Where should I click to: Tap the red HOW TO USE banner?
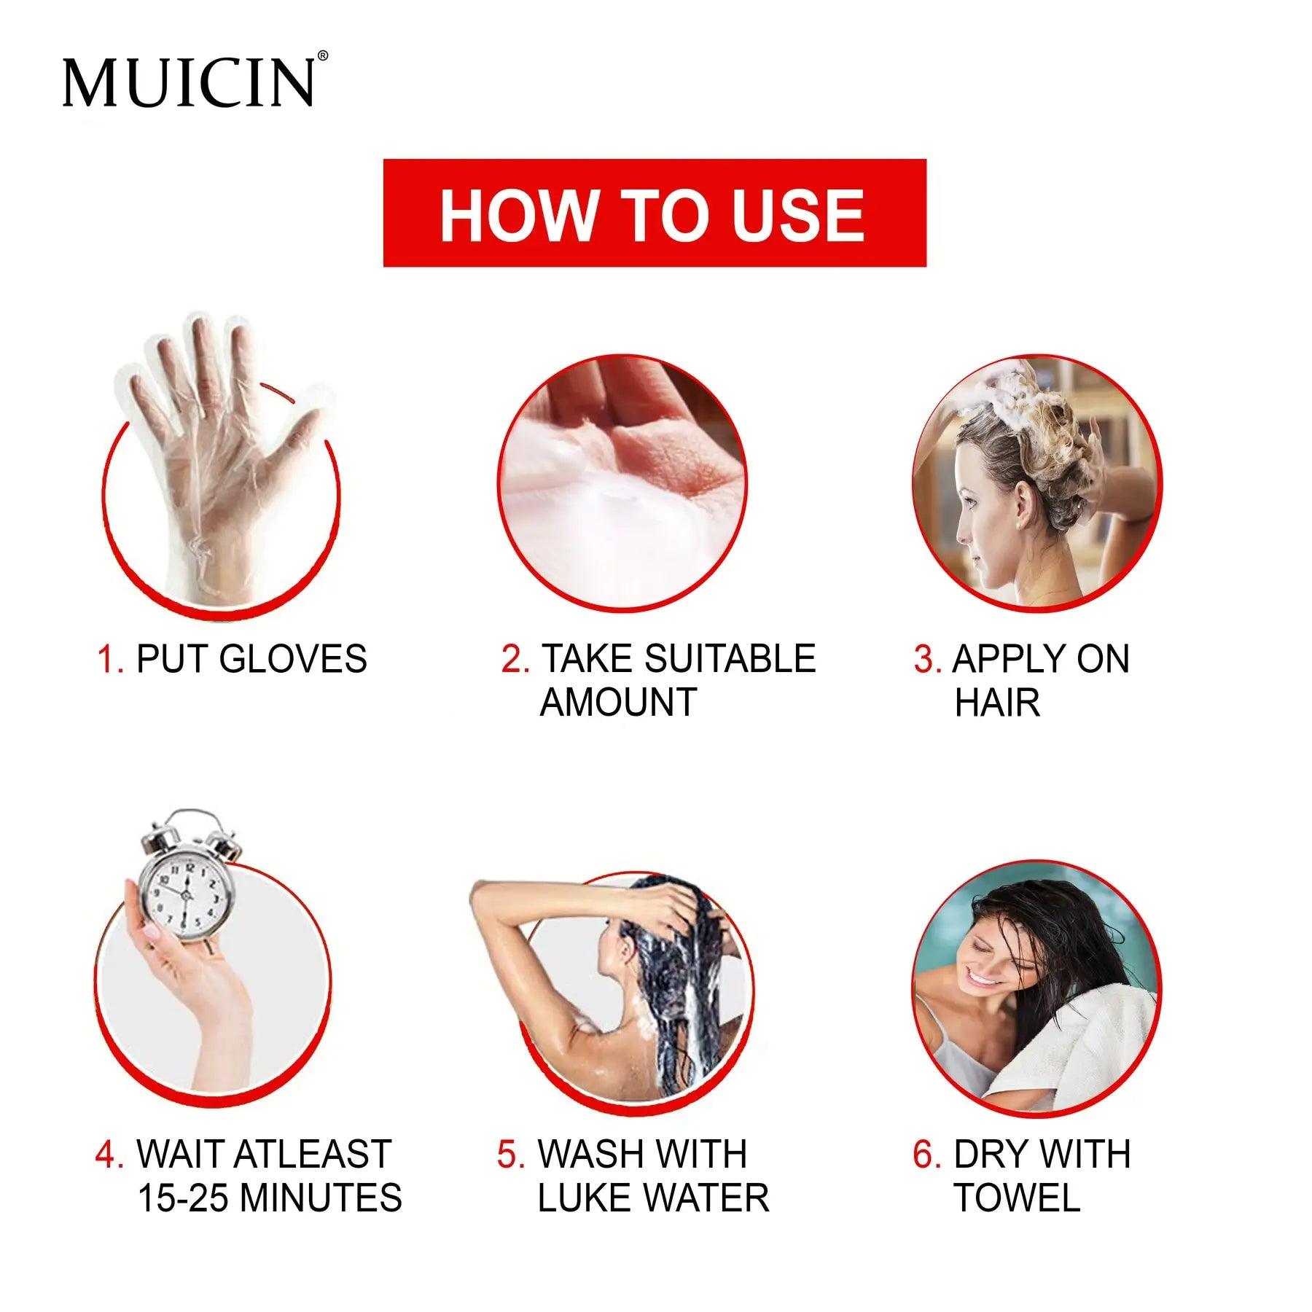pos(654,213)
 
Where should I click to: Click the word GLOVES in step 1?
pos(293,659)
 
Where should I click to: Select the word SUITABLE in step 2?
pos(730,659)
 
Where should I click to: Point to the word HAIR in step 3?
pos(997,703)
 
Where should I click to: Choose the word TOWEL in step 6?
pos(1017,1198)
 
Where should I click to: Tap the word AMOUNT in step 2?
pos(618,703)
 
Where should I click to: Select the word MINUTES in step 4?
pos(321,1198)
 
